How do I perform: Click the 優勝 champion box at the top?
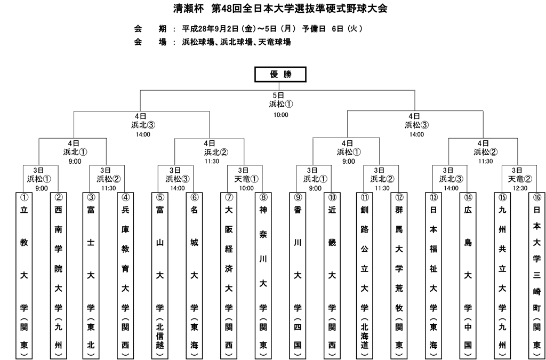pyautogui.click(x=280, y=74)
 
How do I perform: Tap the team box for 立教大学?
pyautogui.click(x=24, y=275)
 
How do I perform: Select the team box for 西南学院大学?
pyautogui.click(x=59, y=275)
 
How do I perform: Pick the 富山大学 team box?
pyautogui.click(x=160, y=275)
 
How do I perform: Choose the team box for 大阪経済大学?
pyautogui.click(x=229, y=275)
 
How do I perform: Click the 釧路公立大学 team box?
pyautogui.click(x=365, y=275)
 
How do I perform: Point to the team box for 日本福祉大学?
pyautogui.click(x=433, y=275)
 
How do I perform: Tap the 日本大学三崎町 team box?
pyautogui.click(x=537, y=275)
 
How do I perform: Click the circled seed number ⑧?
pyautogui.click(x=263, y=198)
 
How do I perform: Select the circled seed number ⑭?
pyautogui.click(x=468, y=198)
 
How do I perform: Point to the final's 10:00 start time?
pyautogui.click(x=280, y=115)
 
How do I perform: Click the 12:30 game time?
pyautogui.click(x=520, y=188)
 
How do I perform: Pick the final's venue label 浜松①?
pyautogui.click(x=281, y=104)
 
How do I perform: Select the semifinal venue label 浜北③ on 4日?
pyautogui.click(x=143, y=125)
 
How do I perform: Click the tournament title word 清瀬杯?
pyautogui.click(x=188, y=9)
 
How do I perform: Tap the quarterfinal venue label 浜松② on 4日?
pyautogui.click(x=485, y=152)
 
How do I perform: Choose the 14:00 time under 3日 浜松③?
pyautogui.click(x=177, y=188)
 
